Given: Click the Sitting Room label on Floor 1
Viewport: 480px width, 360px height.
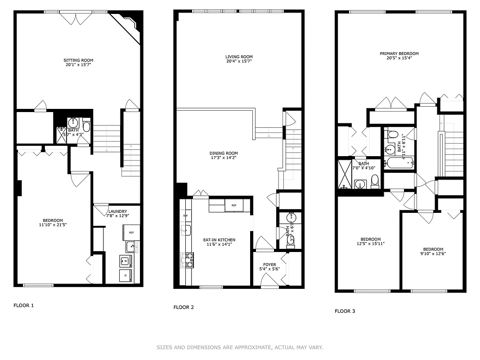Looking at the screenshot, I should click(x=78, y=60).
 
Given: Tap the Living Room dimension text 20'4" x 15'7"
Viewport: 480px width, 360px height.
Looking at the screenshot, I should click(x=239, y=61).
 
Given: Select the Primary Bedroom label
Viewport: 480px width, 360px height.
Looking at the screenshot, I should click(x=399, y=54).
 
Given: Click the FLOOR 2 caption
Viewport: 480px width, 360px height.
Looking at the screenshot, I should click(x=184, y=307).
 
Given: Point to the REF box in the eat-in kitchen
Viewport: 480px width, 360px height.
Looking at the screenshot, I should click(x=234, y=205).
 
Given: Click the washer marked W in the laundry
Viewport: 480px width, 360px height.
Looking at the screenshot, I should click(x=126, y=261).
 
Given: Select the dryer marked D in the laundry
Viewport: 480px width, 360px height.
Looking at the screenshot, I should click(x=126, y=275).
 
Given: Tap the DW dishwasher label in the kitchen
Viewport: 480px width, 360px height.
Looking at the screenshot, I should click(x=185, y=216).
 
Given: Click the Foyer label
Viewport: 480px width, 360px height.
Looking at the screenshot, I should click(x=269, y=265).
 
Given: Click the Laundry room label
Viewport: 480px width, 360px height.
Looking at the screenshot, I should click(x=117, y=211).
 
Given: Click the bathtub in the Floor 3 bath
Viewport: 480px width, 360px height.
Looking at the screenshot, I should click(x=399, y=163).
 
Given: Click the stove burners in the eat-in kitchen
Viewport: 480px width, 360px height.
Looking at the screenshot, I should click(x=189, y=261).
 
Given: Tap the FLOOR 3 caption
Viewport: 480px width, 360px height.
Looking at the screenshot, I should click(x=345, y=311).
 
